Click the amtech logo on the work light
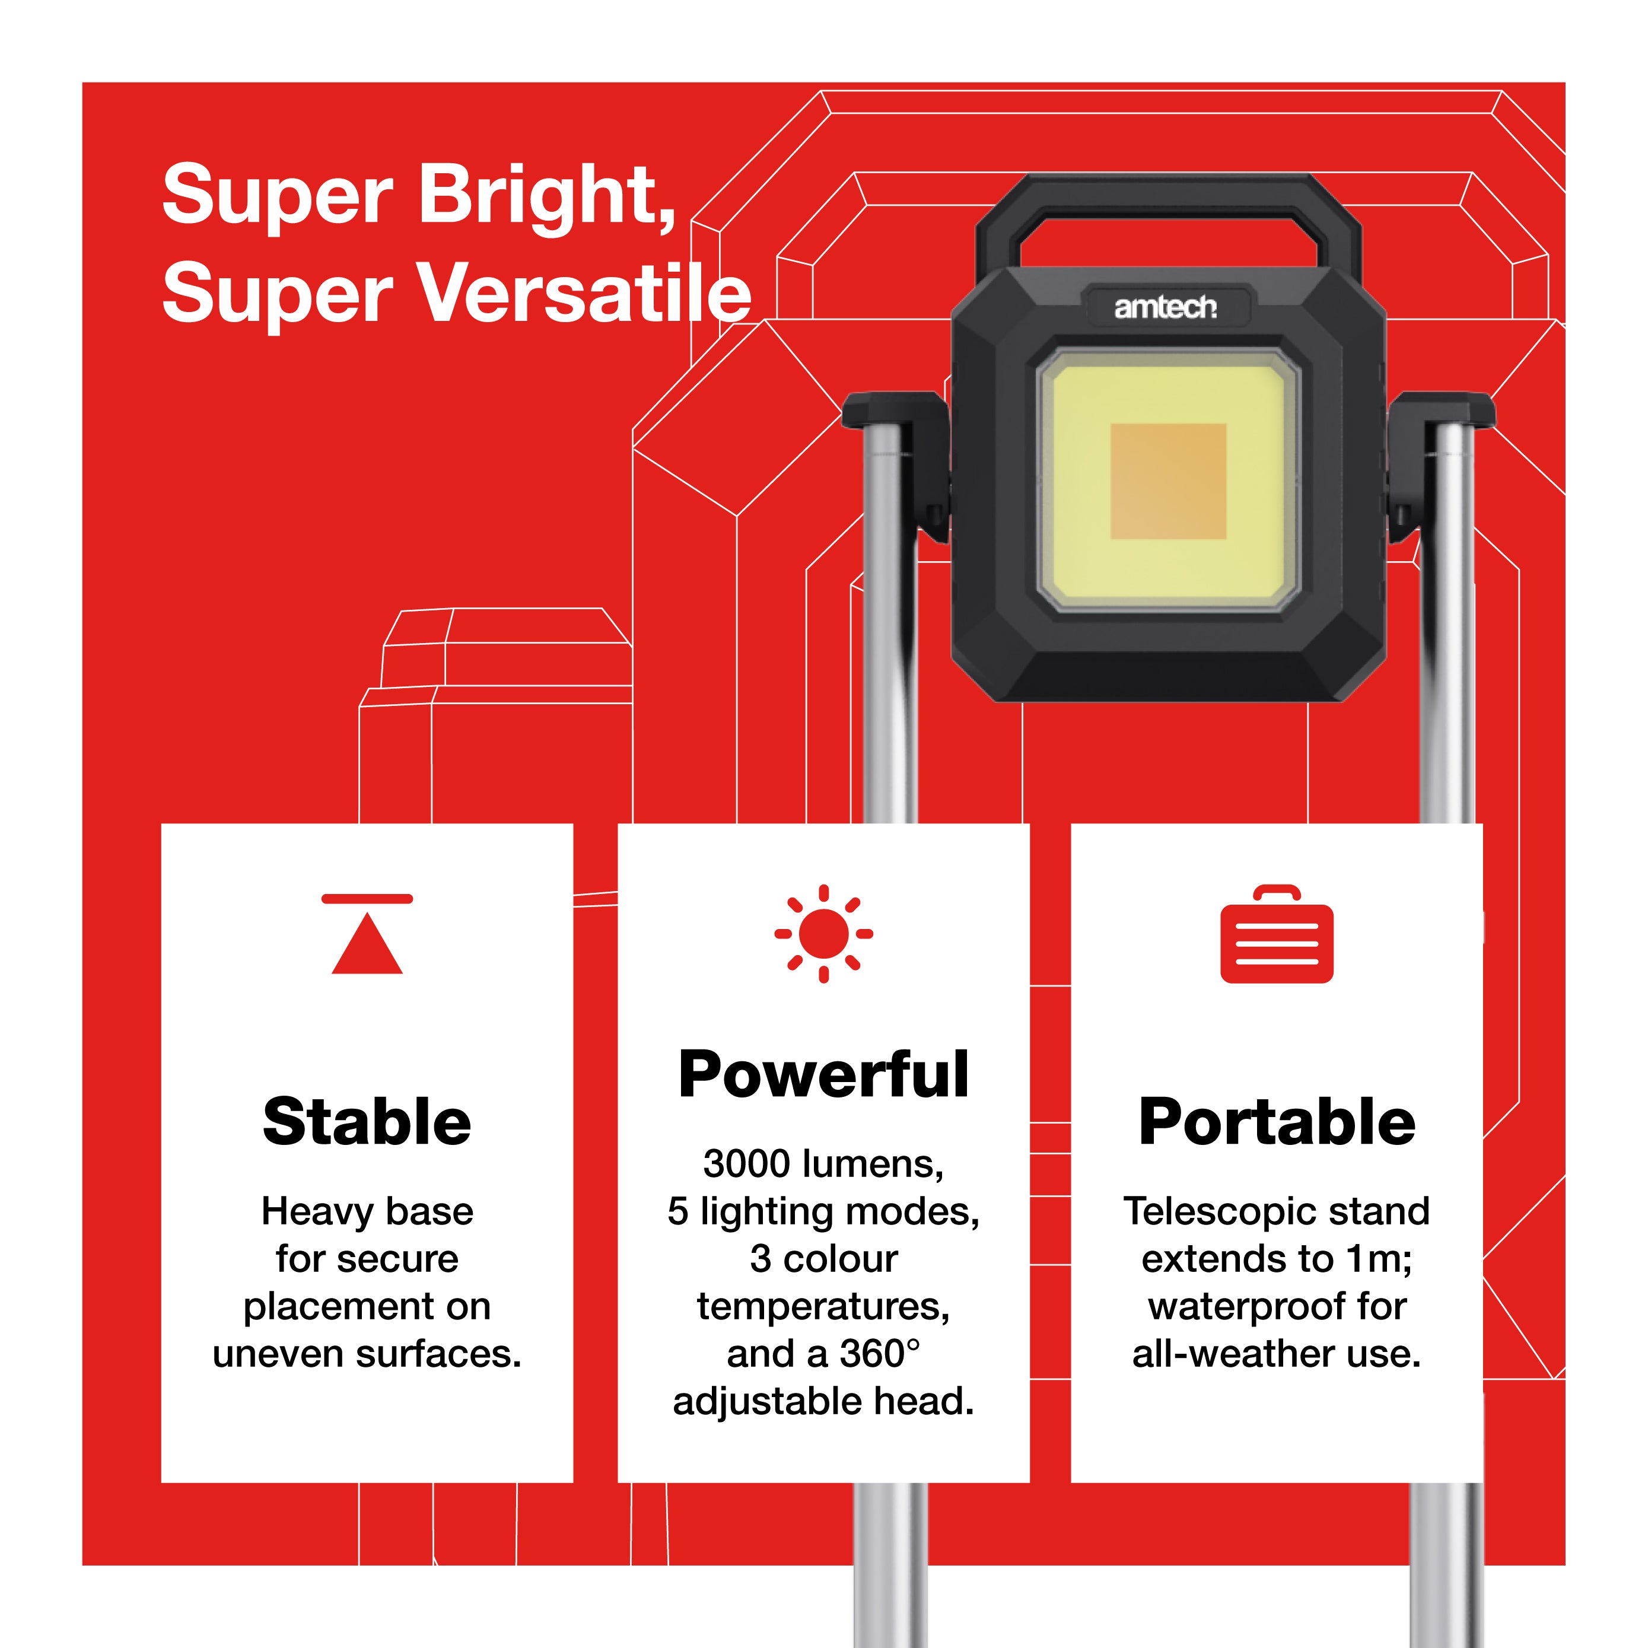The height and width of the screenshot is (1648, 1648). (x=1165, y=307)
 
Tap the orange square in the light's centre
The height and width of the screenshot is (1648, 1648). (x=1167, y=481)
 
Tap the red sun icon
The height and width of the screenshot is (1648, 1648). (x=823, y=933)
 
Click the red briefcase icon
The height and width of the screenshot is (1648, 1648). (x=1277, y=933)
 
